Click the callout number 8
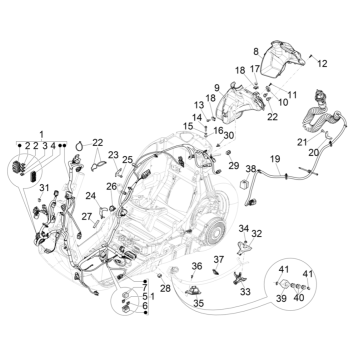255,50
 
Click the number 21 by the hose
299,142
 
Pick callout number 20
313,152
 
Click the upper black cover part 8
277,60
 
